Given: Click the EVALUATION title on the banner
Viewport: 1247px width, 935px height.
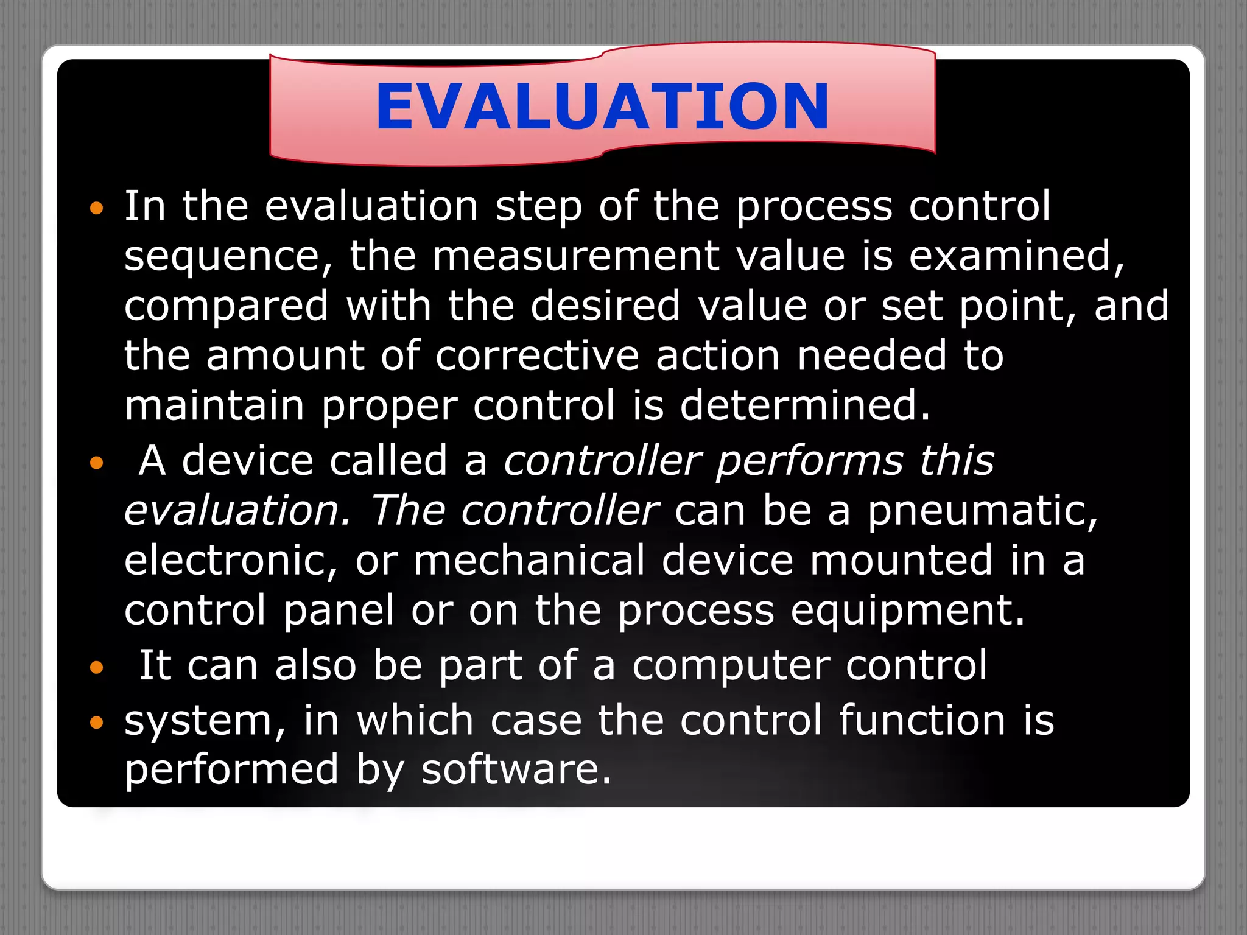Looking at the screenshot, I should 602,107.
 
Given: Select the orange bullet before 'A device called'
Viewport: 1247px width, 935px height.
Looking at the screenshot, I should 97,464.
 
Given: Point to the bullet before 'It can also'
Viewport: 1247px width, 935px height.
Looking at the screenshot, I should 97,668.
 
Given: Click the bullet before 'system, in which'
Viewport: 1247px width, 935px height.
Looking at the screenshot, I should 97,723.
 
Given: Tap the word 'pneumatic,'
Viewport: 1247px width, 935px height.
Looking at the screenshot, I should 983,511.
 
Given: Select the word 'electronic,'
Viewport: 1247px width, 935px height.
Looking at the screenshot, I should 231,561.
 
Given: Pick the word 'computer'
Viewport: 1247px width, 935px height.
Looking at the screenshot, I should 731,666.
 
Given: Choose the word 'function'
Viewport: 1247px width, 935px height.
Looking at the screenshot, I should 922,721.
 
